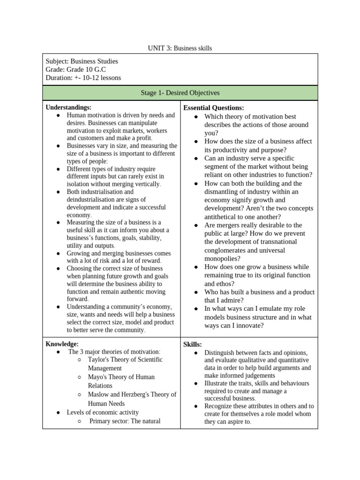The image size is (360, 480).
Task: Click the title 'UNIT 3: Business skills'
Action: [180, 48]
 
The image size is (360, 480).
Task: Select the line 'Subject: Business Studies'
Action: [82, 61]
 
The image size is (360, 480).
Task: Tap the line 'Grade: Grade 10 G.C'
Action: [75, 69]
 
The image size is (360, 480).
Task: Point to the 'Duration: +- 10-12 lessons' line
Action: [83, 78]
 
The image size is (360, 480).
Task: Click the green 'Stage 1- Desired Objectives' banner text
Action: [180, 93]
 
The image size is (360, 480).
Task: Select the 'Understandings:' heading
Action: [68, 107]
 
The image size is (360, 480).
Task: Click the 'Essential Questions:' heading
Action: [213, 108]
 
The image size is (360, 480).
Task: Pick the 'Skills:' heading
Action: [192, 345]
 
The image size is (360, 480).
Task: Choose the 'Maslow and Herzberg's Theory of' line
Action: [132, 394]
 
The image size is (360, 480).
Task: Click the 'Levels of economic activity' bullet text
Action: [103, 412]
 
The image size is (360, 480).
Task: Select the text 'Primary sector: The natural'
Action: [125, 421]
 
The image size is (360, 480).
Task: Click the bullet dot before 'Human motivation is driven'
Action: [58, 115]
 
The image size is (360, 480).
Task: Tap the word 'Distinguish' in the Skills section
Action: [220, 352]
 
